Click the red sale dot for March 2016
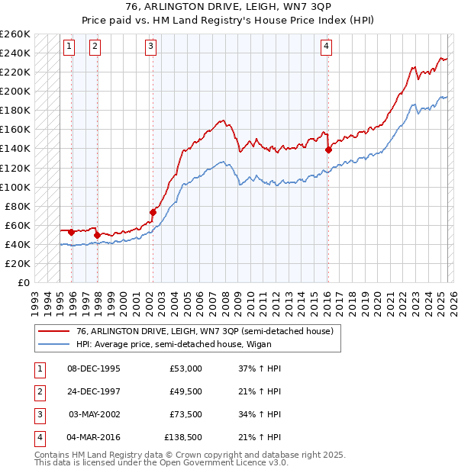[328, 150]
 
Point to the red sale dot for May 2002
[153, 212]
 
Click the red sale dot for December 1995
[71, 231]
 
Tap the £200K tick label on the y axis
[16, 91]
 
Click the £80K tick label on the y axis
[19, 206]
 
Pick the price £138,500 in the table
[183, 437]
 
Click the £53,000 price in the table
[186, 368]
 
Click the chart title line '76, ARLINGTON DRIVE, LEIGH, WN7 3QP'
[229, 8]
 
